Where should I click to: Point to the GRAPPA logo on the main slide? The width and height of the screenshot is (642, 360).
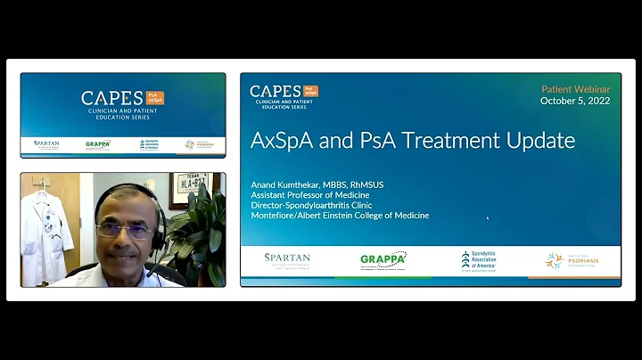(x=383, y=260)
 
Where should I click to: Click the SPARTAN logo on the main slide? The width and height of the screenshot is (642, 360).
(x=287, y=259)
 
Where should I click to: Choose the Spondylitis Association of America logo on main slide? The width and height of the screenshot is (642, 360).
(x=478, y=260)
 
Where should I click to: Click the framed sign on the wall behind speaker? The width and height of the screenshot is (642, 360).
(x=189, y=190)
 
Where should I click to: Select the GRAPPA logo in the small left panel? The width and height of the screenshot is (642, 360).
(x=98, y=144)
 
